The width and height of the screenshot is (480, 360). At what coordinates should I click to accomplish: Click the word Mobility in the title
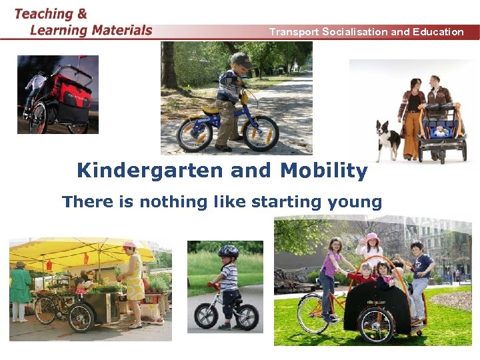pyautogui.click(x=323, y=171)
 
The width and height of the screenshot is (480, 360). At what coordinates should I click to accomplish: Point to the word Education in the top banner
pyautogui.click(x=437, y=31)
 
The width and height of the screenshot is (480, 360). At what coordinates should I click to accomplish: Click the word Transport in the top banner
pyautogui.click(x=293, y=31)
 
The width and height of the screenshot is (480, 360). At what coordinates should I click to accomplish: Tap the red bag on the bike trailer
pyautogui.click(x=71, y=93)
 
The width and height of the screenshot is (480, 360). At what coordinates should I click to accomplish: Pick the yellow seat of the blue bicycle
pyautogui.click(x=211, y=110)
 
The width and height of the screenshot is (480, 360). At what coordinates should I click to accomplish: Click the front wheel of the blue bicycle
pyautogui.click(x=260, y=133)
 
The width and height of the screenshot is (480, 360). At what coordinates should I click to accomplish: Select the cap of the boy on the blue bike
pyautogui.click(x=241, y=60)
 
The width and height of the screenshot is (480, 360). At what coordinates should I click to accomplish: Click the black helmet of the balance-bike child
pyautogui.click(x=228, y=252)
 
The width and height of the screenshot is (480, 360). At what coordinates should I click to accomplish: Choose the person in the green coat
pyautogui.click(x=20, y=290)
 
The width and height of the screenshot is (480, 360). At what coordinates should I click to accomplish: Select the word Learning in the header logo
pyautogui.click(x=59, y=30)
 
